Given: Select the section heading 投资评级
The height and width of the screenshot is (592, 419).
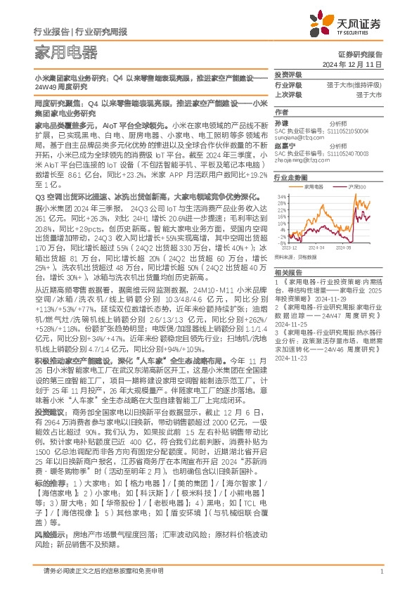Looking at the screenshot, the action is pyautogui.click(x=288, y=74).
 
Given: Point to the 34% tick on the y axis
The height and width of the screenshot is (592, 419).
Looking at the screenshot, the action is pyautogui.click(x=281, y=196).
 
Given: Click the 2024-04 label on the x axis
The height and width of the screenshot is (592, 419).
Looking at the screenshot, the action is pyautogui.click(x=317, y=248).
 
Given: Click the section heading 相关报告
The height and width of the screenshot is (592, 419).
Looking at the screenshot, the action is pyautogui.click(x=288, y=271).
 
